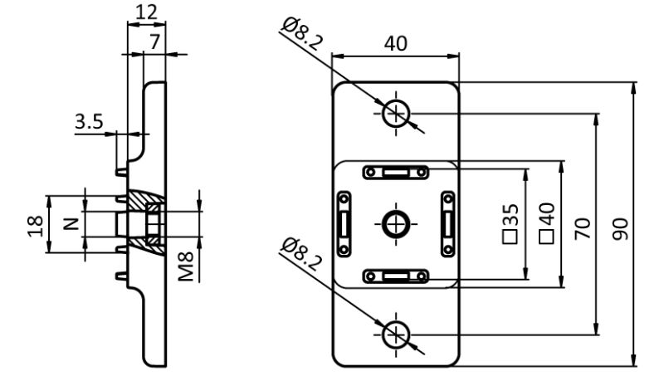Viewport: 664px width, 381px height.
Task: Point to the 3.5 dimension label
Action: tap(89, 122)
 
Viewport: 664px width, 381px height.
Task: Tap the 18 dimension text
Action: tap(33, 224)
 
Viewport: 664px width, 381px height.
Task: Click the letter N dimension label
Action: tap(71, 223)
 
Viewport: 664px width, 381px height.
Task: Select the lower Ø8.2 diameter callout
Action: tap(300, 255)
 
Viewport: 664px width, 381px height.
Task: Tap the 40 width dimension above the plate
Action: tap(395, 43)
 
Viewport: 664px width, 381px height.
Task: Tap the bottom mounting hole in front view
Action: tap(396, 335)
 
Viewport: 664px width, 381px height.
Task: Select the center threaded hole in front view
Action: tap(395, 222)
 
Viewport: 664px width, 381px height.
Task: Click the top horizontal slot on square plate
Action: tap(395, 172)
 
